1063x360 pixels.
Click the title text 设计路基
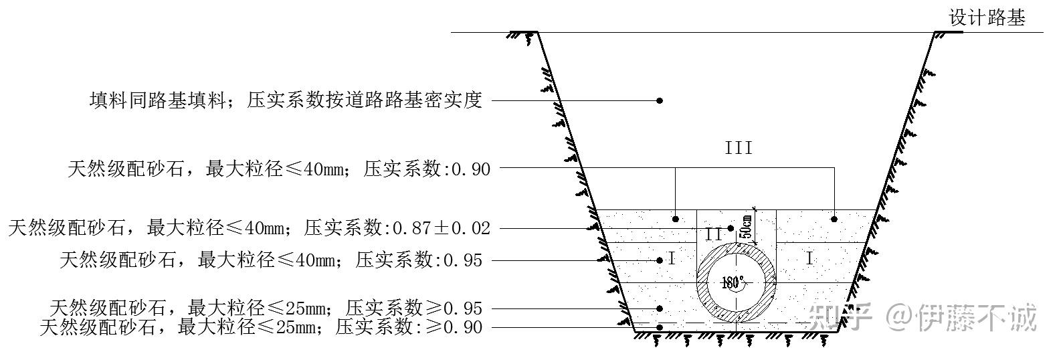point(987,18)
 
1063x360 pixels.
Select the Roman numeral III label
point(739,148)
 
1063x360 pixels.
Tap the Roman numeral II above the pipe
point(713,234)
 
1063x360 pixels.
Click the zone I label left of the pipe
point(672,259)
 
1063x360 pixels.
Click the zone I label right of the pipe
point(809,259)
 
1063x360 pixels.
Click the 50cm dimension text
point(746,226)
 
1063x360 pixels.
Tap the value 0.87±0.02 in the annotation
point(442,228)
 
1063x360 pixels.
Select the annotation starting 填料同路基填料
point(286,100)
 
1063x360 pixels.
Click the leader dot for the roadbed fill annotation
point(660,100)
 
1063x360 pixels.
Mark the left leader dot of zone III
point(676,219)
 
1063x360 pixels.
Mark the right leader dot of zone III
point(834,219)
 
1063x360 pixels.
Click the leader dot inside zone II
point(731,228)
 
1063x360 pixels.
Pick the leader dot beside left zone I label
point(660,260)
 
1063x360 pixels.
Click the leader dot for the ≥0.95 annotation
point(660,308)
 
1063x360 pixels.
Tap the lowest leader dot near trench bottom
point(660,327)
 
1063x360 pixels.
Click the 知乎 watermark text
point(840,317)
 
